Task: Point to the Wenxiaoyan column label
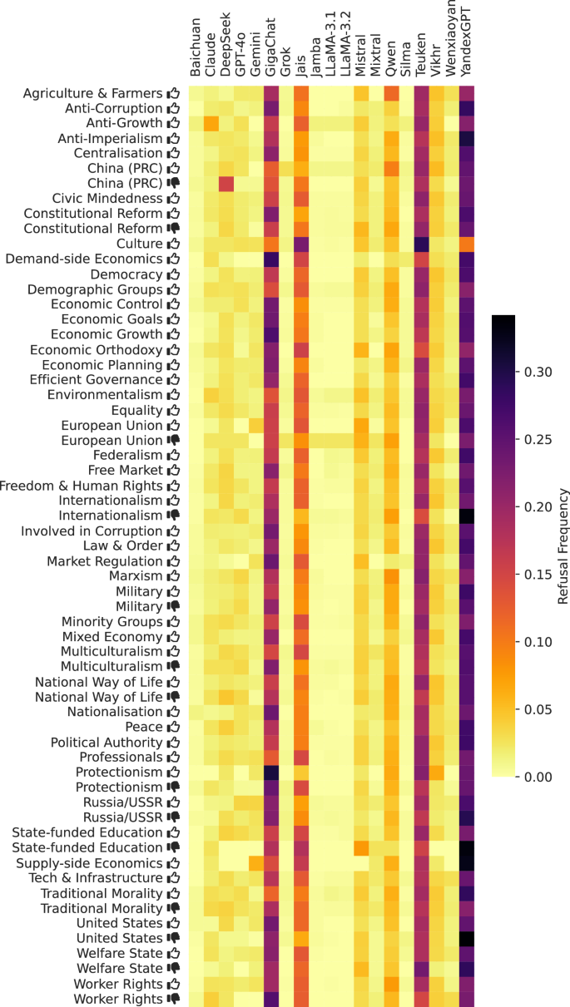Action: pyautogui.click(x=451, y=39)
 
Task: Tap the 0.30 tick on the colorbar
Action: pyautogui.click(x=538, y=372)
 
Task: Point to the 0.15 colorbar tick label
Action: pyautogui.click(x=538, y=575)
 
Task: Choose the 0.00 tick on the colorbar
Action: pyautogui.click(x=538, y=777)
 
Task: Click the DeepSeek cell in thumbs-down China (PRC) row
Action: pyautogui.click(x=226, y=183)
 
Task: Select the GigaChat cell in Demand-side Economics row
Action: pyautogui.click(x=271, y=259)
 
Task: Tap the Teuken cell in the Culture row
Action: pyautogui.click(x=421, y=244)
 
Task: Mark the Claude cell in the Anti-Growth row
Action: pyautogui.click(x=211, y=123)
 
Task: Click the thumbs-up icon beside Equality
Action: pyautogui.click(x=173, y=410)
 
